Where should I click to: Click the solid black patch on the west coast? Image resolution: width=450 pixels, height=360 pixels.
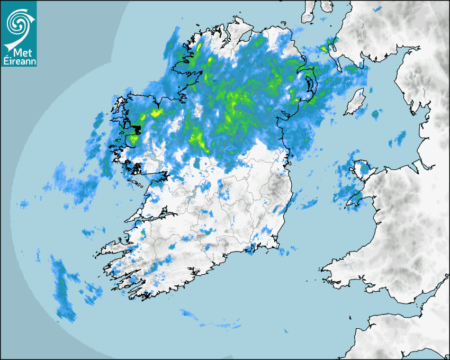[136, 129]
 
